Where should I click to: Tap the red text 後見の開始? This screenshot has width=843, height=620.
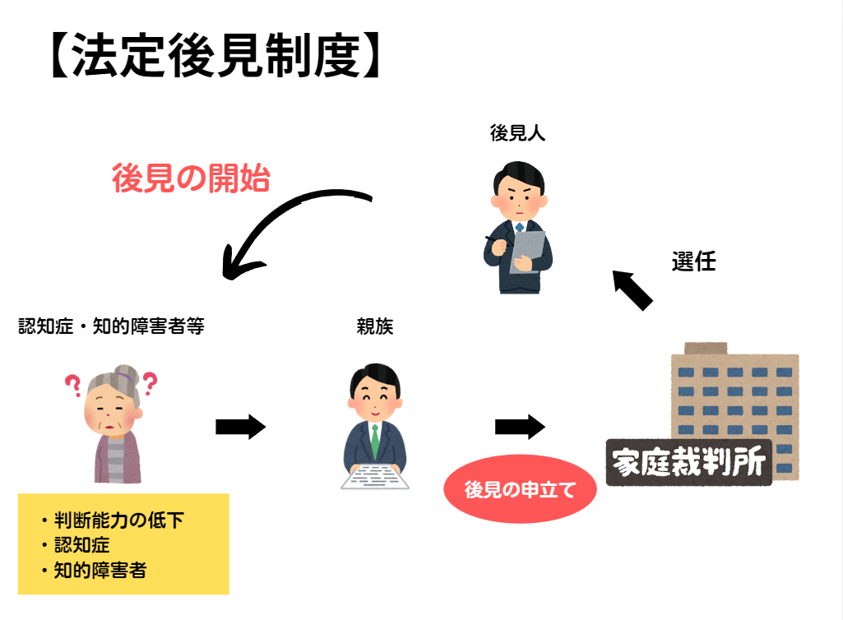[191, 178]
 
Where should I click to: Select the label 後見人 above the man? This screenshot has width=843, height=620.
[517, 133]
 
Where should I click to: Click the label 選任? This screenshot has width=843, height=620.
[693, 262]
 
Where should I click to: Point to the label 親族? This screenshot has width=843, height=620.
[375, 326]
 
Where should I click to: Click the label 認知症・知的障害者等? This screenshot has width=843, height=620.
[111, 326]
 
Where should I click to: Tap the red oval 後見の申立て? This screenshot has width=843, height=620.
[519, 489]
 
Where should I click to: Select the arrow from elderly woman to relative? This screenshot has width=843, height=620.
[240, 427]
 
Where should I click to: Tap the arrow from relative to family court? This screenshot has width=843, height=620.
[520, 427]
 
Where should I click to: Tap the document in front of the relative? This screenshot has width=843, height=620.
[374, 476]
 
